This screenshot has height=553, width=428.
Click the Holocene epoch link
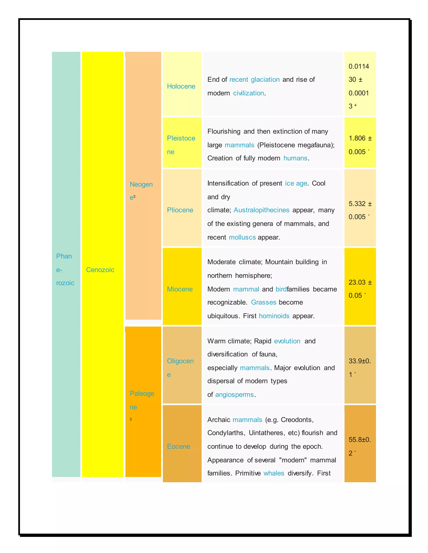181,86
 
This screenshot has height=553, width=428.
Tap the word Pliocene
180,210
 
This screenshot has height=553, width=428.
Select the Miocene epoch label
180,289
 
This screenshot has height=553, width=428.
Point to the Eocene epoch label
178,446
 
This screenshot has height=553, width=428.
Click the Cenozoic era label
100,270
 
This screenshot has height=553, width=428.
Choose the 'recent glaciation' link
254,80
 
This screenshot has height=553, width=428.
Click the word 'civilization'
248,93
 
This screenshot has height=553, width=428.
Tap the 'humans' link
295,158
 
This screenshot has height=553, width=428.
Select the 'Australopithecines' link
261,210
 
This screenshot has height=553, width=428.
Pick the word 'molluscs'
242,237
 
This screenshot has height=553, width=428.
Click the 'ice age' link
296,183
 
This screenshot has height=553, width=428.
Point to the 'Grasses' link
264,302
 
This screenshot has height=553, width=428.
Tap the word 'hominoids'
274,316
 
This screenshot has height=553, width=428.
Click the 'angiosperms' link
234,394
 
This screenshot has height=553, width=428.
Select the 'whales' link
274,473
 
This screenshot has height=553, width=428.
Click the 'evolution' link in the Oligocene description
287,341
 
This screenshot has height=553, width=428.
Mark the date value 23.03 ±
360,282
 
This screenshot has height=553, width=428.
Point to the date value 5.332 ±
360,204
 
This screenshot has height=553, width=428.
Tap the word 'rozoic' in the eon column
65,283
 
